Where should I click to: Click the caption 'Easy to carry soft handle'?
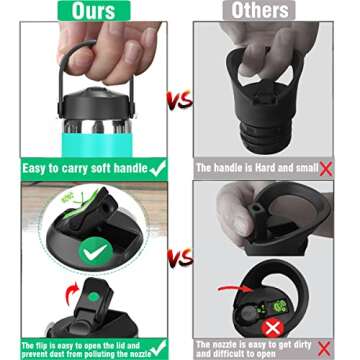pyautogui.click(x=80, y=170)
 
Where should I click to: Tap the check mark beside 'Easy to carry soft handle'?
pyautogui.click(x=155, y=169)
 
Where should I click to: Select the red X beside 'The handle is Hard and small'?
pyautogui.click(x=325, y=170)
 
